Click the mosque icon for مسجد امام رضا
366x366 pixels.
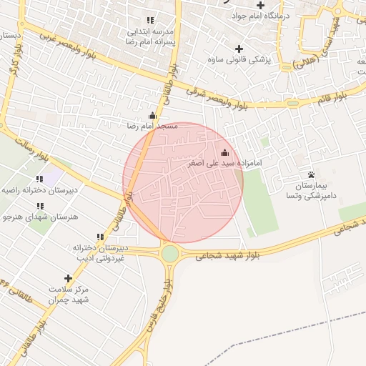pyautogui.click(x=152, y=115)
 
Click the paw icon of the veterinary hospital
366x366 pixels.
pyautogui.click(x=311, y=174)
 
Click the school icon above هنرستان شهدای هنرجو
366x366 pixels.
pyautogui.click(x=39, y=206)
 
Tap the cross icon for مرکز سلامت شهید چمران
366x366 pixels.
pyautogui.click(x=69, y=278)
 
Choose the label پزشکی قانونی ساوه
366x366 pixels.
pyautogui.click(x=239, y=60)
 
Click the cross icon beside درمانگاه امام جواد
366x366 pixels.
pyautogui.click(x=261, y=5)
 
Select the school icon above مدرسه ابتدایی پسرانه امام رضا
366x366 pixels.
pyautogui.click(x=150, y=20)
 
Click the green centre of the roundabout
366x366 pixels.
pyautogui.click(x=170, y=252)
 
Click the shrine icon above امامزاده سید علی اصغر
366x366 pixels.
pyautogui.click(x=226, y=152)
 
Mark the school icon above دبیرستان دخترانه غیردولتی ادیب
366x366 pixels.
pyautogui.click(x=100, y=237)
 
